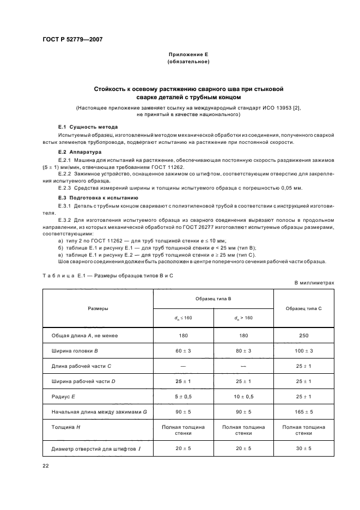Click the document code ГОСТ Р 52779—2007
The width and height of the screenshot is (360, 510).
coord(72,39)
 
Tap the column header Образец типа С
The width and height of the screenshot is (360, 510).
coord(303,308)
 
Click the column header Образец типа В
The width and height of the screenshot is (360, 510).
coord(213,299)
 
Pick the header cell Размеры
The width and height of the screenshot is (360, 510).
coord(98,308)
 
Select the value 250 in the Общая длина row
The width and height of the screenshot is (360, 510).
coord(303,336)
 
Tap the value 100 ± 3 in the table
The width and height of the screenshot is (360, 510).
coord(303,351)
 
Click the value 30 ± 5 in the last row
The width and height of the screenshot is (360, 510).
coord(303,448)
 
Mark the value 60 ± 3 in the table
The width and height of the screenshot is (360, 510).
coord(182,351)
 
